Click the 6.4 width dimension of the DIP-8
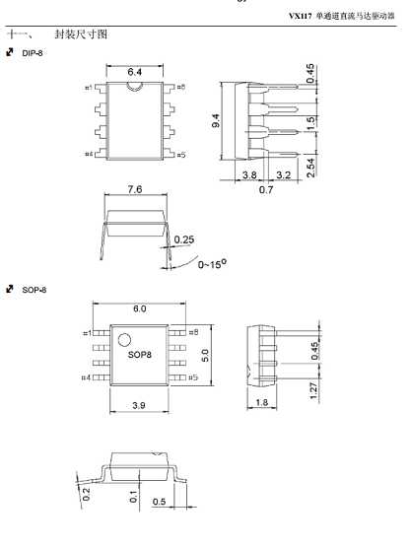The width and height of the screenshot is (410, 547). [134, 72]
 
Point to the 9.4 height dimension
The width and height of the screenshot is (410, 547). [216, 120]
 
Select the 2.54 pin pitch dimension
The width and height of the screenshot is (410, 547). [310, 168]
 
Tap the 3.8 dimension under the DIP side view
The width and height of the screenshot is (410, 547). [249, 174]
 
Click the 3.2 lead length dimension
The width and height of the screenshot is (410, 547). [283, 174]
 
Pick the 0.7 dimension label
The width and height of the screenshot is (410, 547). [266, 190]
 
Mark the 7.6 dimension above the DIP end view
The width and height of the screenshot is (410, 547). [135, 189]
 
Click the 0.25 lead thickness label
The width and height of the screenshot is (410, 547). [184, 239]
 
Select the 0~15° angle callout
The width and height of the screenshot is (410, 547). [212, 264]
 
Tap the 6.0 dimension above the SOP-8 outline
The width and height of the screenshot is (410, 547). [140, 308]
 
